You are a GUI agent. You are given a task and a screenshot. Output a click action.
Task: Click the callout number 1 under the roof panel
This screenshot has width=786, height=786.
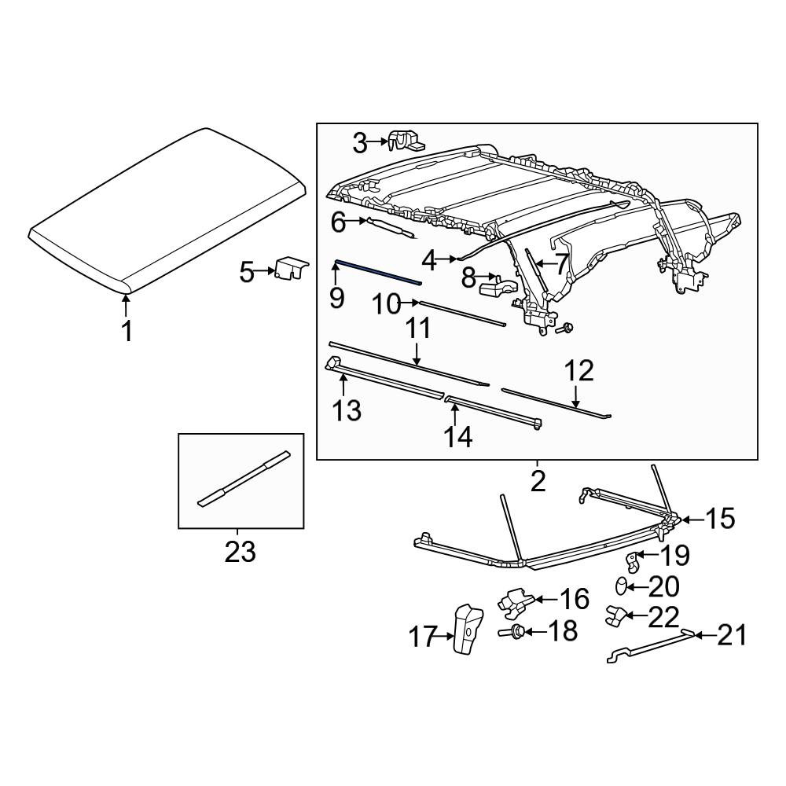[x=127, y=332]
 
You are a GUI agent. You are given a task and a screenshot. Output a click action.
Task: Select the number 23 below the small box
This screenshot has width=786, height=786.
[x=240, y=552]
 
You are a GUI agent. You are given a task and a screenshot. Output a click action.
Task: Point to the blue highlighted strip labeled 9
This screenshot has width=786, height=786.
[x=378, y=272]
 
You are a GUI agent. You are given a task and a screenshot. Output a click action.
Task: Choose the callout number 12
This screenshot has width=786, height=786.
[x=579, y=371]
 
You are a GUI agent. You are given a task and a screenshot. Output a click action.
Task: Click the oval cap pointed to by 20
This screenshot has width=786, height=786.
[x=622, y=586]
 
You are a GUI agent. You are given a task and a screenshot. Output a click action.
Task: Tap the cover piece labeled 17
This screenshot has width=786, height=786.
[x=468, y=629]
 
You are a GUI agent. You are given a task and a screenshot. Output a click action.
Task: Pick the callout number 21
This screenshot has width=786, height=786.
[x=732, y=636]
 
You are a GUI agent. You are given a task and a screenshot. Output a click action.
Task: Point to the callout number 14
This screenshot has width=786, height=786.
[x=457, y=436]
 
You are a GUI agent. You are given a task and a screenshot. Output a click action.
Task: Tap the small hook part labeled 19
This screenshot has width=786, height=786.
[x=634, y=560]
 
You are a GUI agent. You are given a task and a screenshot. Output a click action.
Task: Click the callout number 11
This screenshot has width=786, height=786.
[x=417, y=329]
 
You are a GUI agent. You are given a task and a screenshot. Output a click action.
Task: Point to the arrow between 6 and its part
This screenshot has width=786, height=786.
[x=358, y=220]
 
